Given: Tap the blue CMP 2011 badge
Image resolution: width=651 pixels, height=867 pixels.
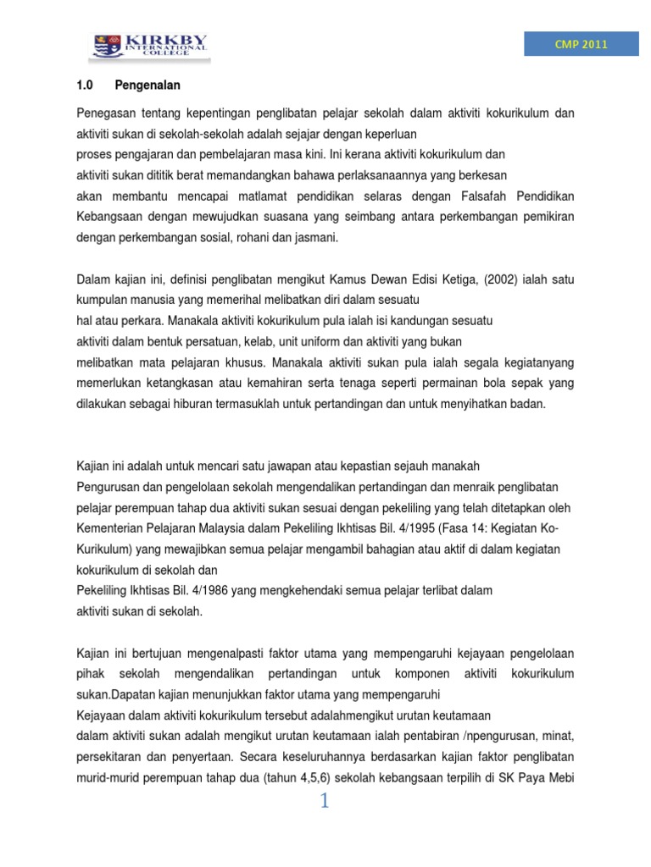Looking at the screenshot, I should (x=581, y=45).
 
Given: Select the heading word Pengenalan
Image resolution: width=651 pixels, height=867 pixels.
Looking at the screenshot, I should (x=148, y=86).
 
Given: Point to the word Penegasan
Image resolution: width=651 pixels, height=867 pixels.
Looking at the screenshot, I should (x=105, y=113).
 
